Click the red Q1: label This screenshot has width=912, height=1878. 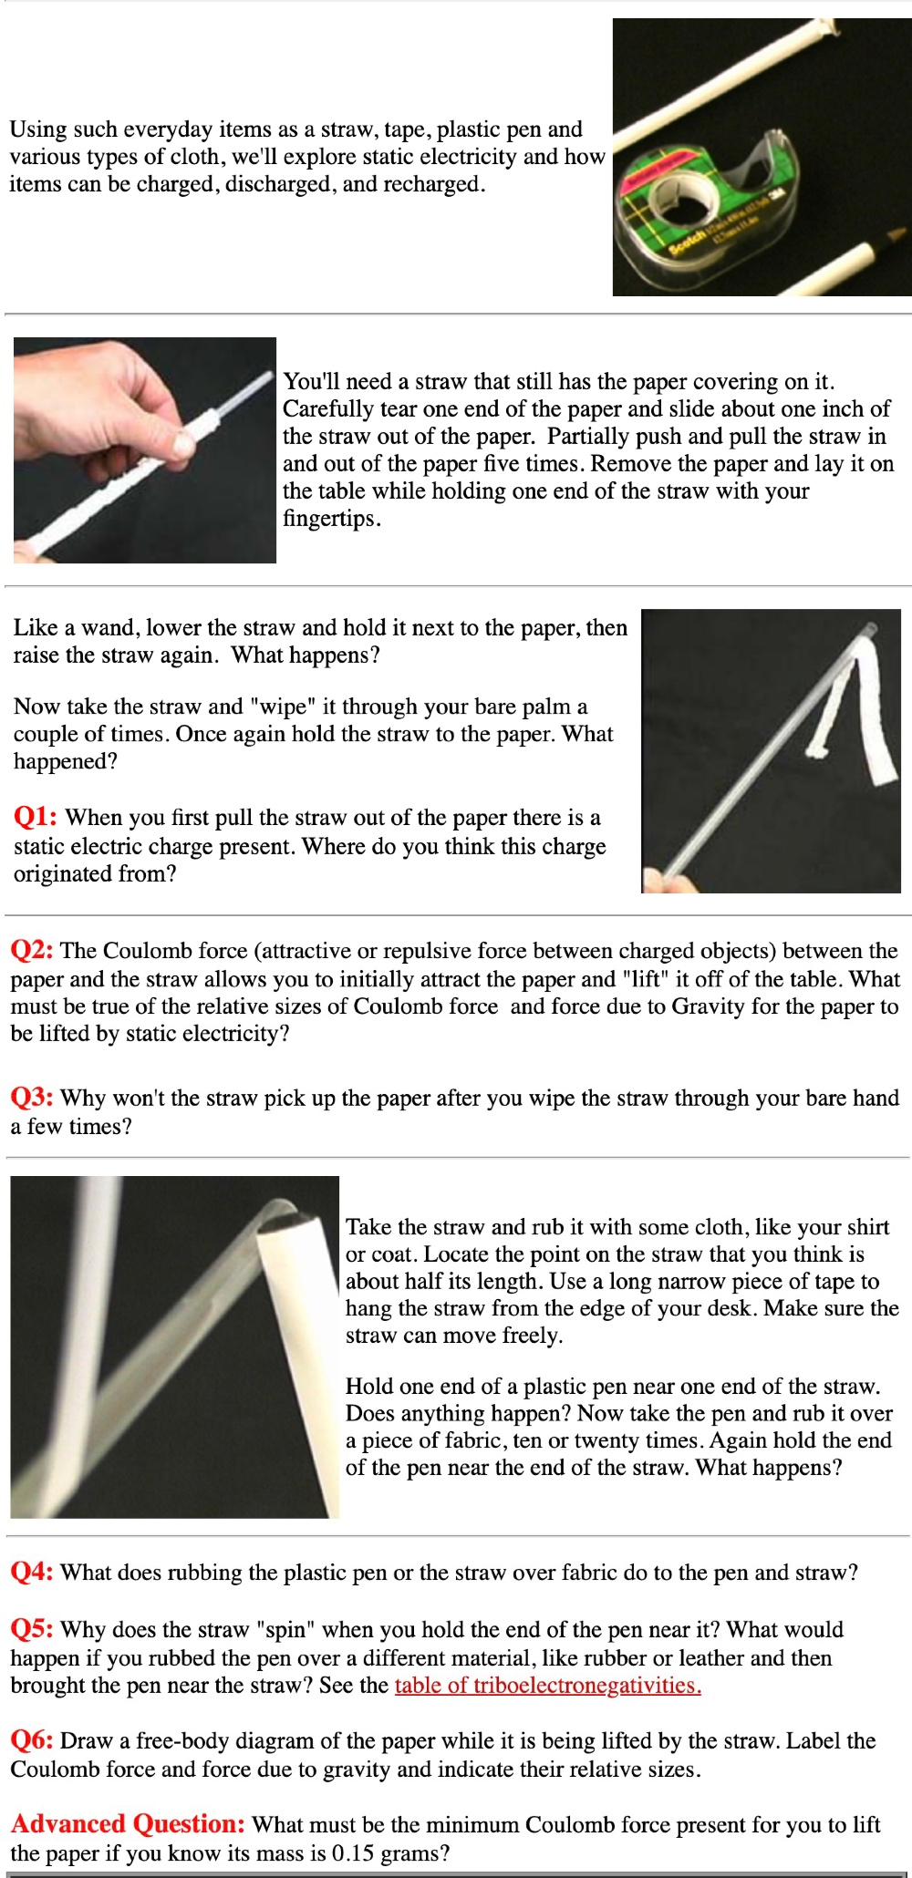point(35,817)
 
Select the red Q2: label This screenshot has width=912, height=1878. point(33,951)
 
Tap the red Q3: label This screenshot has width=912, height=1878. point(32,1098)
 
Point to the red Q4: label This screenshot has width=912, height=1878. point(32,1572)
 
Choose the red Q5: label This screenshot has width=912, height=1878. point(32,1629)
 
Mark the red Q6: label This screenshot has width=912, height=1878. point(32,1740)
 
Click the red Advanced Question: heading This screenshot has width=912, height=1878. point(128,1824)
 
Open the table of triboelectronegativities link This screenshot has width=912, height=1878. point(547,1685)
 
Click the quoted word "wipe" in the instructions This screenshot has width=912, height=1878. point(280,707)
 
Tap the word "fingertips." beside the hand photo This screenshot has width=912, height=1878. point(331,519)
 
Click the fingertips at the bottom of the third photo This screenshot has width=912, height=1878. point(659,880)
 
